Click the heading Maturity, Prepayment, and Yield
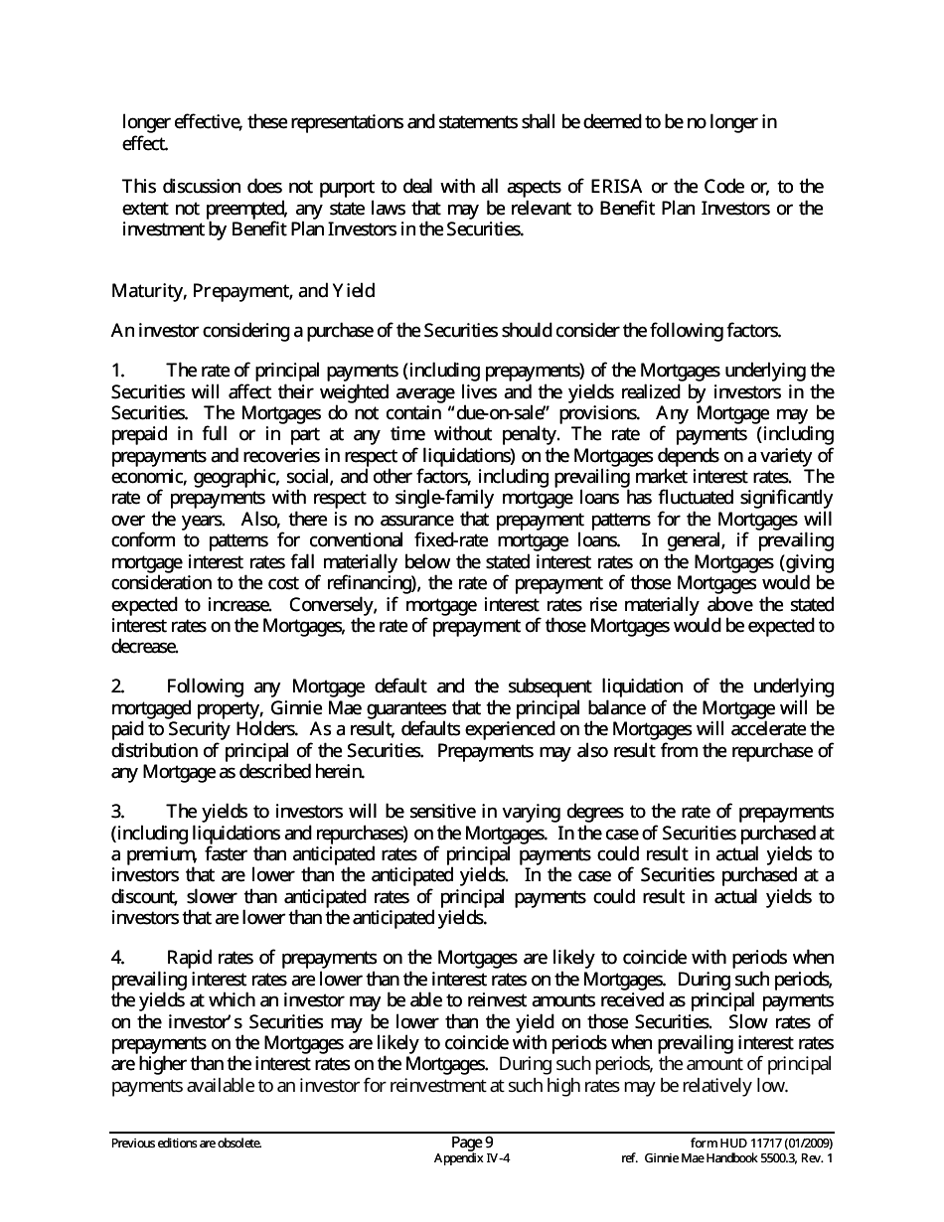242,291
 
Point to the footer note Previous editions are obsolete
187,1144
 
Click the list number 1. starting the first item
118,371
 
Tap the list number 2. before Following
118,687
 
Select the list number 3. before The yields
118,812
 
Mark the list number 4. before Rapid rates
118,958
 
